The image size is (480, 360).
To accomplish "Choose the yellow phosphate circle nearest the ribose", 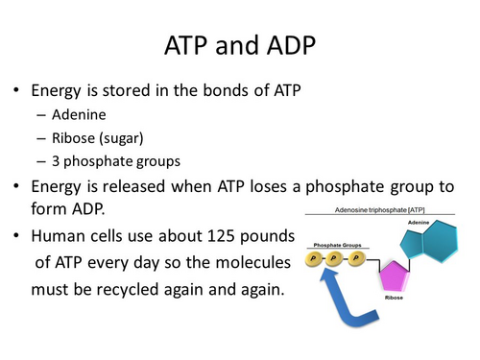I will coord(358,257).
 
